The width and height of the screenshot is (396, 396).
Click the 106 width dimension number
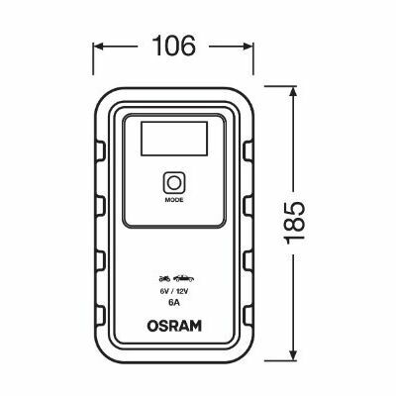click(x=175, y=46)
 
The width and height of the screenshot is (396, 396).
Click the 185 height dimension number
click(x=294, y=223)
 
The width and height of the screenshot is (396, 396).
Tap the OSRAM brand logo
click(x=174, y=326)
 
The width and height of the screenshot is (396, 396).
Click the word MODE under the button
click(x=174, y=200)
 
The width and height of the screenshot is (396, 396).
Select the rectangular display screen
click(x=174, y=139)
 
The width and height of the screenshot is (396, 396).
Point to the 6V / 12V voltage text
click(x=174, y=291)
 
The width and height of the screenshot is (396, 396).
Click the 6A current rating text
click(x=174, y=303)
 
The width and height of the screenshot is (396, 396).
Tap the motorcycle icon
click(x=164, y=279)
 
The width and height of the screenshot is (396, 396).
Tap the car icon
click(x=183, y=279)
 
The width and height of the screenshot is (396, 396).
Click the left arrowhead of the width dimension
click(x=98, y=47)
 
